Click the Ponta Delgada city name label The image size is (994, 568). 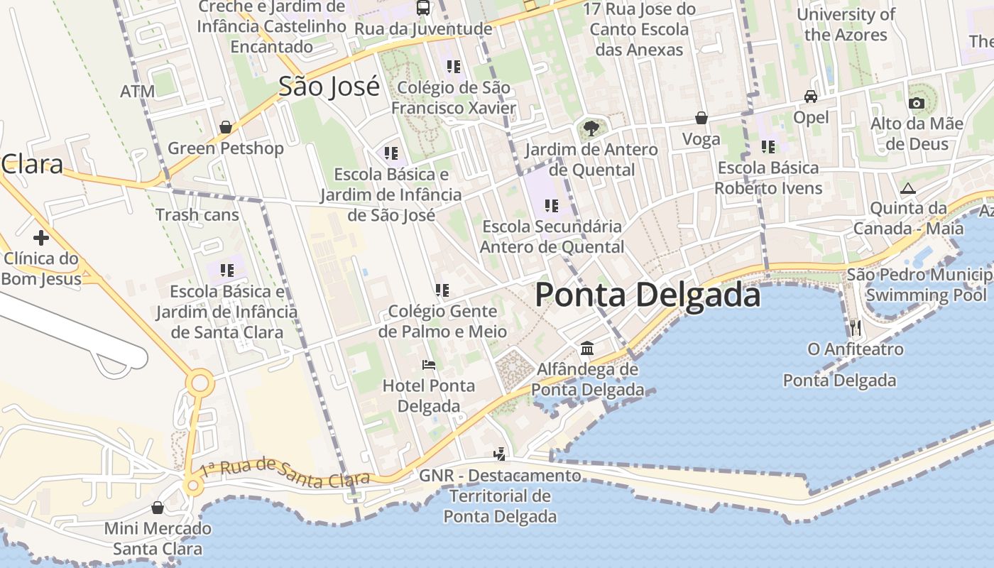(648, 295)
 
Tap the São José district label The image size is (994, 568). (329, 87)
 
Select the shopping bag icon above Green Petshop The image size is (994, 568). (225, 128)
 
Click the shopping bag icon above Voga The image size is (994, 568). (701, 118)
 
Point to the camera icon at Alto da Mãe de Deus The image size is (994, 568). (917, 103)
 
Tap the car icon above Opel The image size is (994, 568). (810, 96)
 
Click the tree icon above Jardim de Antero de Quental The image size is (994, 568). (590, 129)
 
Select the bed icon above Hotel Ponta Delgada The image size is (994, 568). (428, 365)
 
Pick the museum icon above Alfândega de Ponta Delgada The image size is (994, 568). (587, 349)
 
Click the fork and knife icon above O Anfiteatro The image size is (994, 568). (856, 327)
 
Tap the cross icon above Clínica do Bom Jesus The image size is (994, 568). (40, 238)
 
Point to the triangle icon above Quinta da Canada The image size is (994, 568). (907, 189)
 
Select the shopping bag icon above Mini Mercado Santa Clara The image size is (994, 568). (158, 508)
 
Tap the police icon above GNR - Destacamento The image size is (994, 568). (500, 454)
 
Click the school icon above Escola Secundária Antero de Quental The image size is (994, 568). (551, 206)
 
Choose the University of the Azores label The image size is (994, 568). (846, 24)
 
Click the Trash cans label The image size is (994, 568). (197, 214)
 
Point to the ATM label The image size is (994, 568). (137, 92)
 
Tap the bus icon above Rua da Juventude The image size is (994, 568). (423, 8)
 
